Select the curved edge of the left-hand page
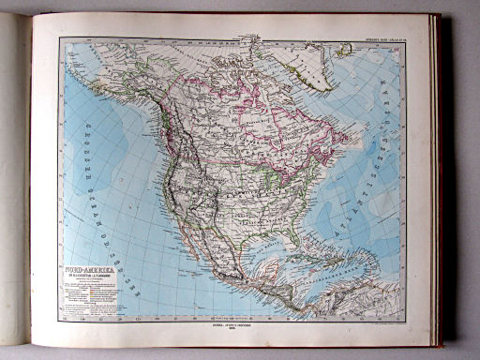25,187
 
